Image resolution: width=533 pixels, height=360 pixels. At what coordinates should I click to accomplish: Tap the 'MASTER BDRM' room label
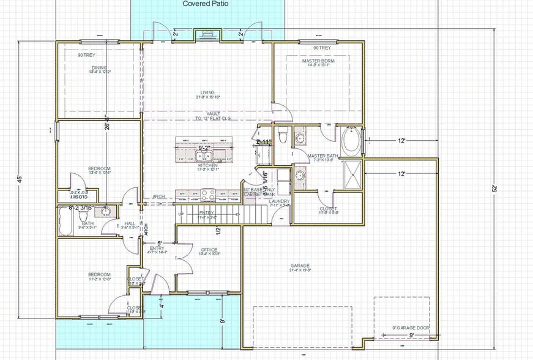pos(317,61)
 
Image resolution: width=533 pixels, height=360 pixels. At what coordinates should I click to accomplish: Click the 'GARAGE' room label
pos(300,266)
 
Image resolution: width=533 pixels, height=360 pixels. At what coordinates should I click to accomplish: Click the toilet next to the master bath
pos(282,135)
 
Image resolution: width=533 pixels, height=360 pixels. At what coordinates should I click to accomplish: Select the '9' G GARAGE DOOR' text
pos(410,328)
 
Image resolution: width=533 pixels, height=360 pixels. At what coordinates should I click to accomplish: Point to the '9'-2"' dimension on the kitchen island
pos(204,148)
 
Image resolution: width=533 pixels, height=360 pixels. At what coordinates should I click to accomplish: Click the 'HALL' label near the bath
pos(129,223)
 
